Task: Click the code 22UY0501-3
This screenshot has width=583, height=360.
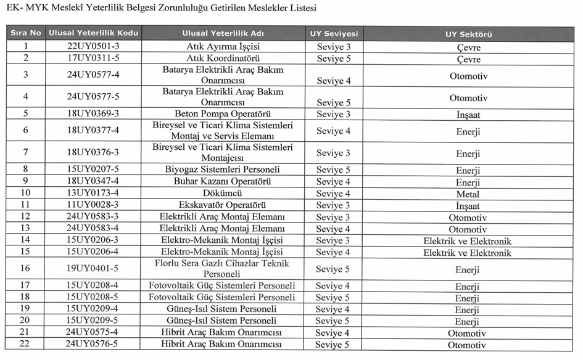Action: (93, 47)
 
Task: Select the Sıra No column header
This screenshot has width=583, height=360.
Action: (26, 34)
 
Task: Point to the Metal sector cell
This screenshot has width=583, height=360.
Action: (468, 194)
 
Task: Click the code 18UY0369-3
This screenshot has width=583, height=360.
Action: (93, 114)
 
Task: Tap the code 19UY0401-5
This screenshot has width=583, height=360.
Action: (93, 269)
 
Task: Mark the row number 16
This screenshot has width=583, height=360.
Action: (25, 269)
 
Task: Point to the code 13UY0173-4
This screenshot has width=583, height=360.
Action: (93, 194)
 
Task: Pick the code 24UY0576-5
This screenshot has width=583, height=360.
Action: (93, 345)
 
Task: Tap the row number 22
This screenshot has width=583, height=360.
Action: (25, 345)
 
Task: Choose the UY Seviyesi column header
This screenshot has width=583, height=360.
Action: (334, 34)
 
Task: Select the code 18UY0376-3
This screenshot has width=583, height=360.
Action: (93, 153)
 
